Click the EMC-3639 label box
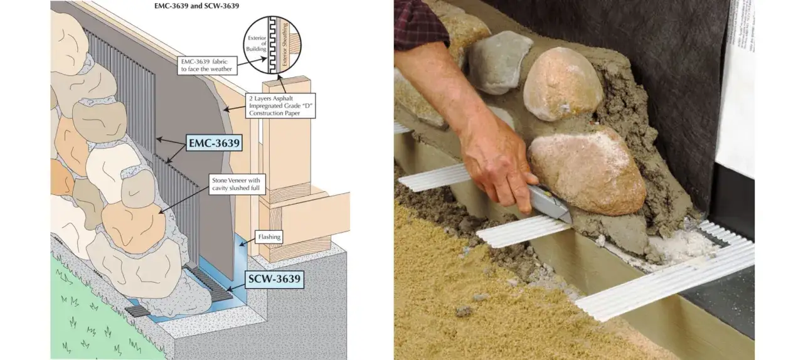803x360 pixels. click(x=214, y=143)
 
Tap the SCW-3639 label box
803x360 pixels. click(x=274, y=279)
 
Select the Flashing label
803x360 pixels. click(x=269, y=237)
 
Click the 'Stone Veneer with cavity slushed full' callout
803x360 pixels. click(x=235, y=184)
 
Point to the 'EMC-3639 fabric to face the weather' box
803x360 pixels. click(x=207, y=65)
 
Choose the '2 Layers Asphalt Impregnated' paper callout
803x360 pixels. click(x=280, y=106)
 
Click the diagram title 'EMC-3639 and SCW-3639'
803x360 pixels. click(x=196, y=6)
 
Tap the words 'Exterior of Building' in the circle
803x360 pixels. click(x=257, y=43)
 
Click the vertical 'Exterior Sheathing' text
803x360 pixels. click(x=285, y=44)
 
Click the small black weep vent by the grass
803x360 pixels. click(x=137, y=311)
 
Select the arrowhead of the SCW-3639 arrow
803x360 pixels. click(x=229, y=289)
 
